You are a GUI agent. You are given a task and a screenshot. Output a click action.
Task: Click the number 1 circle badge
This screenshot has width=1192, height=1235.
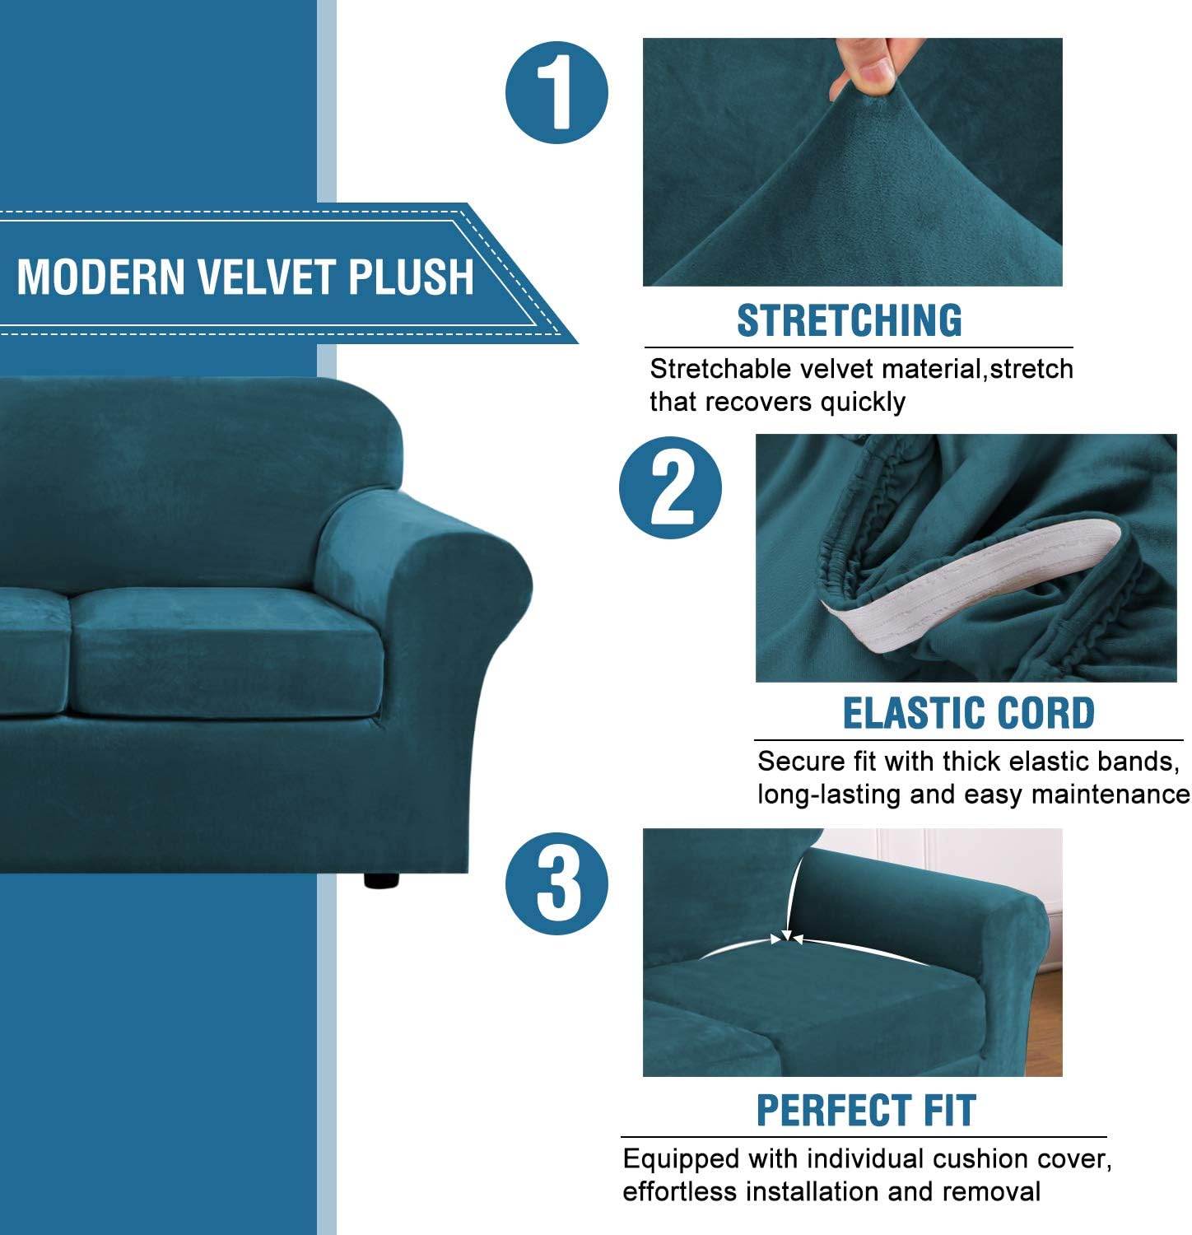point(556,92)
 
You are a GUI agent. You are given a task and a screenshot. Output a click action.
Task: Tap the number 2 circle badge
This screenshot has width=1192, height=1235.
point(670,487)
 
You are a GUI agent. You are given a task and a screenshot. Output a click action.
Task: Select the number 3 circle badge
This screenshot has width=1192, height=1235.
point(556,883)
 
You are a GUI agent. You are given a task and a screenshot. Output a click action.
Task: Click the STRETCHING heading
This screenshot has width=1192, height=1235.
point(849,321)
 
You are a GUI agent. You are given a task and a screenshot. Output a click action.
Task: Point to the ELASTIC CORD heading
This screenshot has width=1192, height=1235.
point(968,714)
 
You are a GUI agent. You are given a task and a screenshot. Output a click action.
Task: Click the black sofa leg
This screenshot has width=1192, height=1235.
point(381,879)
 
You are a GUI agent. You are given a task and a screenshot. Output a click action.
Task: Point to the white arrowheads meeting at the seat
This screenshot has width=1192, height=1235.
point(787,938)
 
